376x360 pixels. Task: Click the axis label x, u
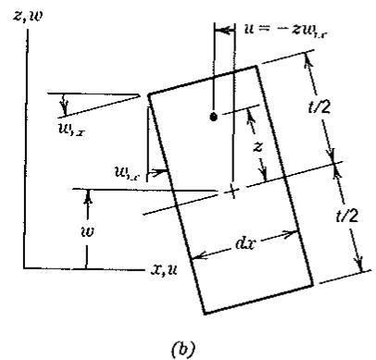tap(164, 270)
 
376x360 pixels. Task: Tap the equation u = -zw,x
tap(285, 31)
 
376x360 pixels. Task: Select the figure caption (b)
tap(183, 348)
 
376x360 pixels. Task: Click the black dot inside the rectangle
tap(213, 118)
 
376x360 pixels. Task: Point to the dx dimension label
tap(245, 244)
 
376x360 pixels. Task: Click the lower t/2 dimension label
tap(347, 215)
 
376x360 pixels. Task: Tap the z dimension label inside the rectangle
tap(257, 147)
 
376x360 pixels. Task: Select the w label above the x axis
tap(87, 231)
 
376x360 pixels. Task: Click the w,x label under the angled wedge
tap(71, 129)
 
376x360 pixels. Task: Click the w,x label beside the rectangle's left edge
tap(128, 174)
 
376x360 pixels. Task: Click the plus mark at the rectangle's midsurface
tap(232, 192)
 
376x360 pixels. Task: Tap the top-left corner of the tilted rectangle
tap(149, 94)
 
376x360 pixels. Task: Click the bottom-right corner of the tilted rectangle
tap(313, 285)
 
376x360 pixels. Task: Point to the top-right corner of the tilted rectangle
tap(257, 66)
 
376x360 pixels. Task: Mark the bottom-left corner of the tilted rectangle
tap(204, 314)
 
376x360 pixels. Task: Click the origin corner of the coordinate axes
tap(24, 268)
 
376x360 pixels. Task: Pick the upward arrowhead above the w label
tap(88, 195)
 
